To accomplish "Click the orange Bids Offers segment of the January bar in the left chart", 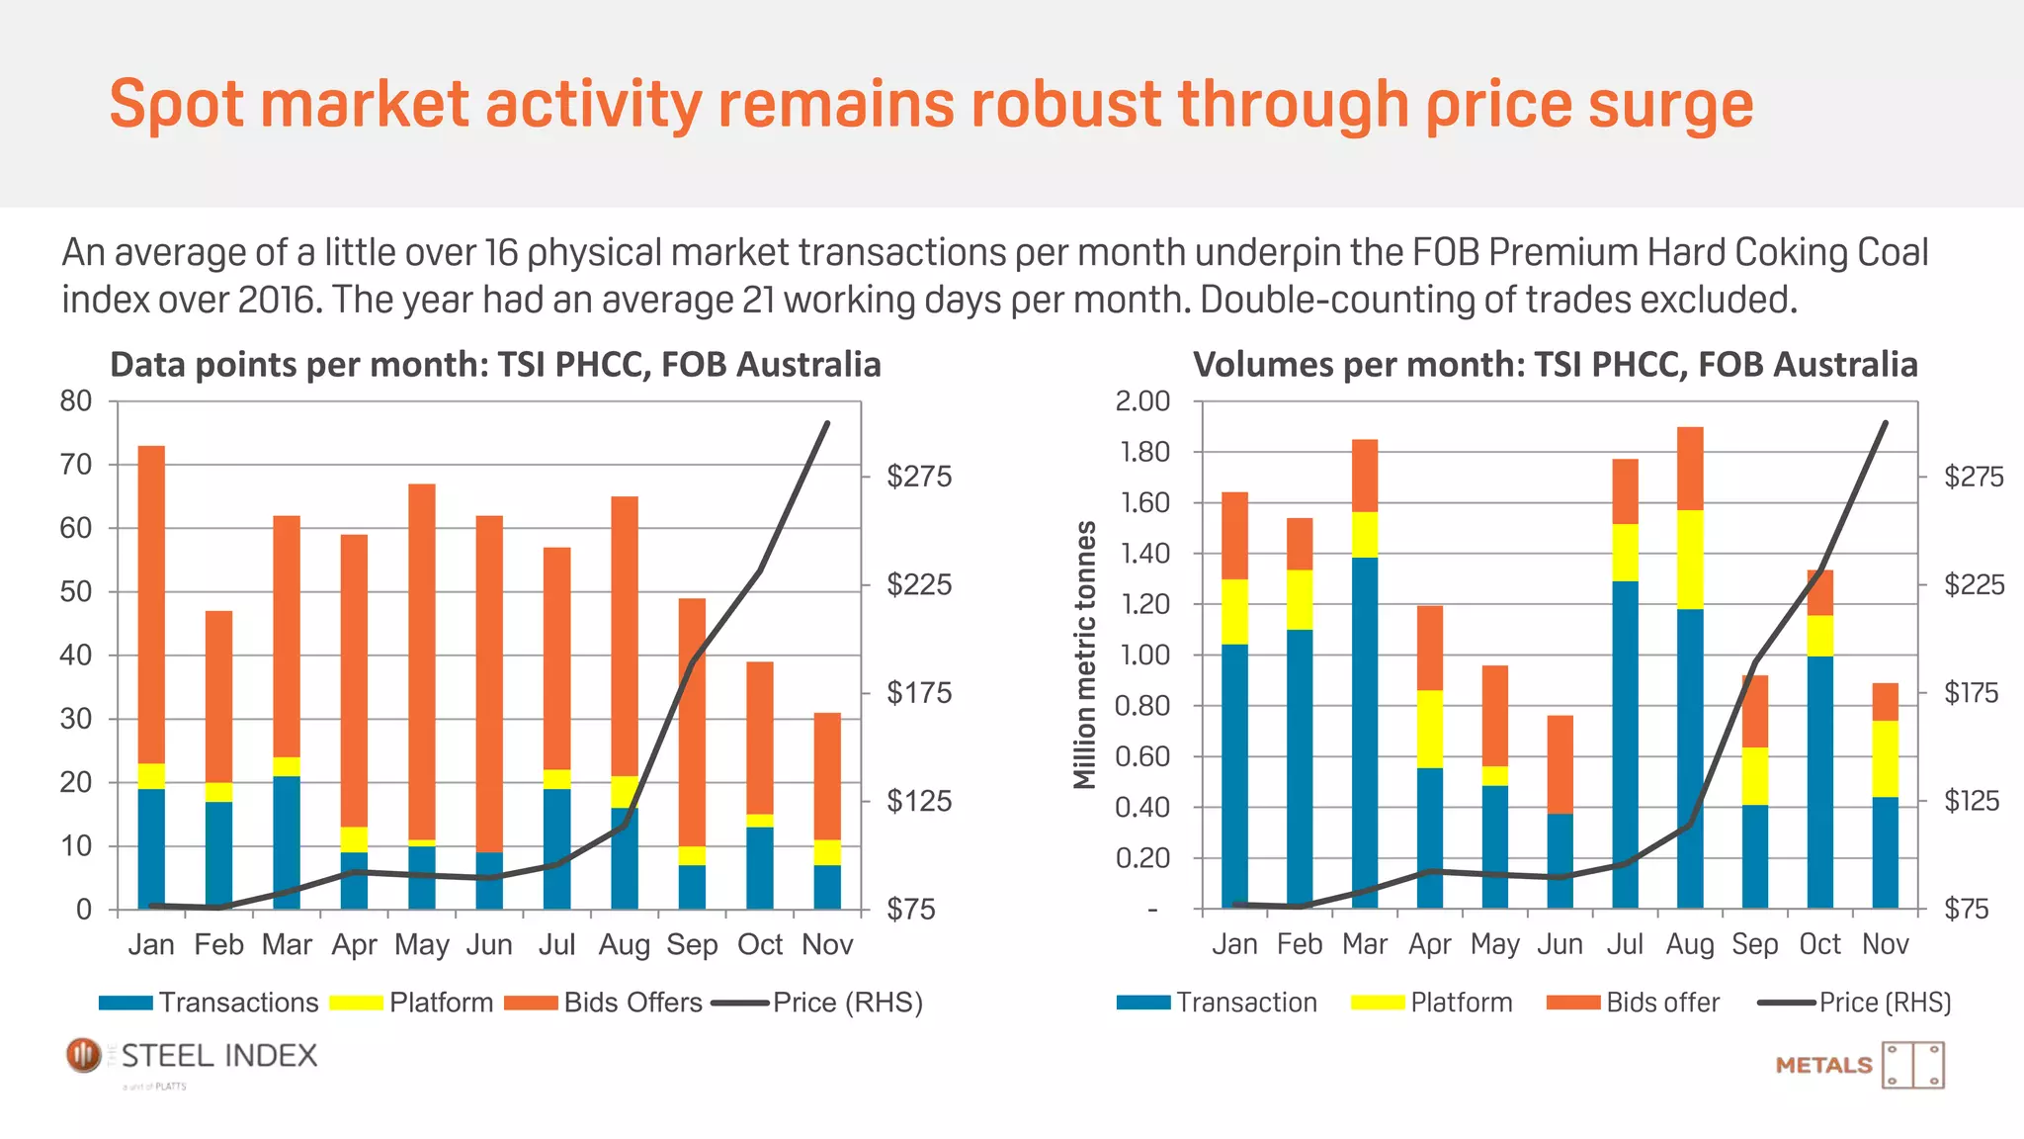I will (x=151, y=603).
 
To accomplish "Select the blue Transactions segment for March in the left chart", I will (x=287, y=842).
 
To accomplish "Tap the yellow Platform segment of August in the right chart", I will (x=1690, y=560).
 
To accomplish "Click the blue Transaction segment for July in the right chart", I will (x=1625, y=744).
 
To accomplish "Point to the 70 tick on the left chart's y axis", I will (x=76, y=465).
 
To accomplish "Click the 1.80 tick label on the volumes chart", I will (x=1142, y=453).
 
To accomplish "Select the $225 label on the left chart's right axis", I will (x=919, y=584).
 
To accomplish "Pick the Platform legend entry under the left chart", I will (x=440, y=1003).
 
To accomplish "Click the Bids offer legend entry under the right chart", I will (x=1662, y=1003).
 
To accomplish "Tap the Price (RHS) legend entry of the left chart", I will (x=847, y=1003).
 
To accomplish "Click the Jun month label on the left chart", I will (x=489, y=944).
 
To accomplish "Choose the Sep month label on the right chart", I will (x=1754, y=944).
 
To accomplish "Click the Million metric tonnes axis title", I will (x=1085, y=655).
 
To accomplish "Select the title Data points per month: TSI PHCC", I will (x=494, y=365).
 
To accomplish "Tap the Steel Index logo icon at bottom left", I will (x=84, y=1055).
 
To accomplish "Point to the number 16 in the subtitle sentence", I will (x=501, y=253).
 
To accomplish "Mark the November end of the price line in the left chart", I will (x=827, y=423).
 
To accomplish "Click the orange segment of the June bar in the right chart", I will (x=1560, y=764).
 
